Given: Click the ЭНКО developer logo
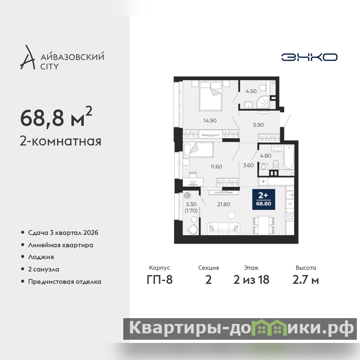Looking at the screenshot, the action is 309,57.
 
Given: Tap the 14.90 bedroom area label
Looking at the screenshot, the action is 210,121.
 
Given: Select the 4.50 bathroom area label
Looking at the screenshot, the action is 251,91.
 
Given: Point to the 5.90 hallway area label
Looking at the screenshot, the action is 258,125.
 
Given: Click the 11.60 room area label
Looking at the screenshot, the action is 216,166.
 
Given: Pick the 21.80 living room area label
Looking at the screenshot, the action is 224,204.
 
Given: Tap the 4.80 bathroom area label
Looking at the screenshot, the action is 265,156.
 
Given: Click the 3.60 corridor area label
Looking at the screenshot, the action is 248,165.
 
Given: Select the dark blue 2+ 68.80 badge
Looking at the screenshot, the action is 264,199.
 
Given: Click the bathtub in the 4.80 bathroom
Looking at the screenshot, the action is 289,157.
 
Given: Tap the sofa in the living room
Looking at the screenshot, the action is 224,229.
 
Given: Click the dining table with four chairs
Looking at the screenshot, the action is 263,225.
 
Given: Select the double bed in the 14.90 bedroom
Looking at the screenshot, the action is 211,95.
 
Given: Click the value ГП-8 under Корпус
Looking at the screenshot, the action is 160,280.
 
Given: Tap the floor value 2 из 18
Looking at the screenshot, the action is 251,280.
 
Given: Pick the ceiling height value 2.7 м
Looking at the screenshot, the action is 306,280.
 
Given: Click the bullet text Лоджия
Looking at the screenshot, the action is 41,257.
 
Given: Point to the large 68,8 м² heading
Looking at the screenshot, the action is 56,117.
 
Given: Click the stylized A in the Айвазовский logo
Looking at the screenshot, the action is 27,58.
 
